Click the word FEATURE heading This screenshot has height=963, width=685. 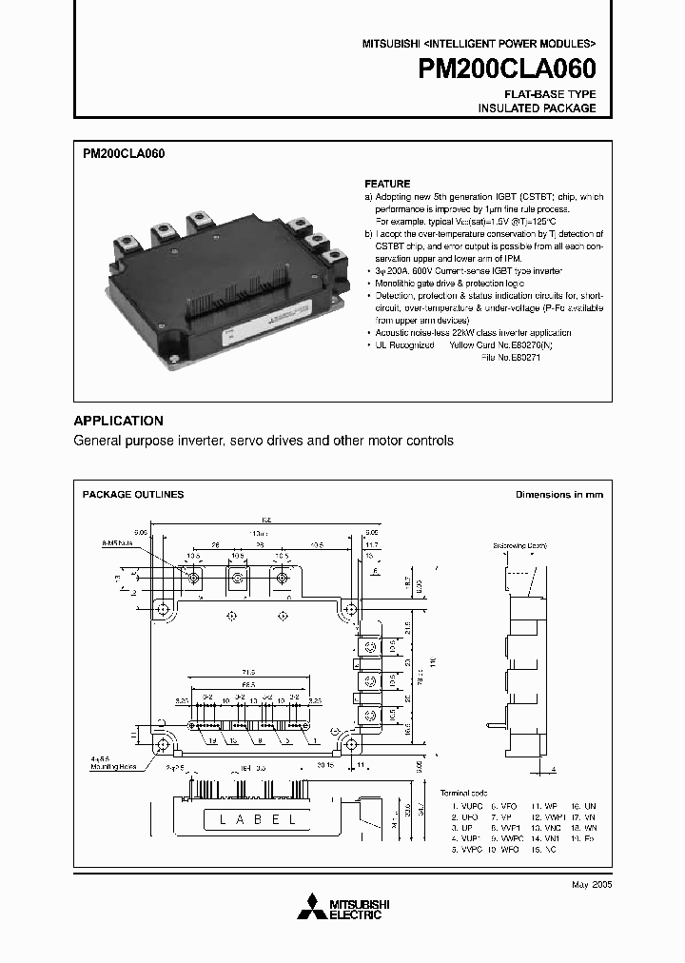(387, 184)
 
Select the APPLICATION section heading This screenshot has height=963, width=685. (119, 421)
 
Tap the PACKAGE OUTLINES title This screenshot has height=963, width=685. (133, 495)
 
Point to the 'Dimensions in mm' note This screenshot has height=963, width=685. (558, 495)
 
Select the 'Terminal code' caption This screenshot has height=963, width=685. (463, 793)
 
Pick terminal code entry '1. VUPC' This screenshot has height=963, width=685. (466, 806)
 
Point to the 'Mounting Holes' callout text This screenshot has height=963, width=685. (114, 765)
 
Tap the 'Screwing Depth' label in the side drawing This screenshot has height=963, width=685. (519, 546)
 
